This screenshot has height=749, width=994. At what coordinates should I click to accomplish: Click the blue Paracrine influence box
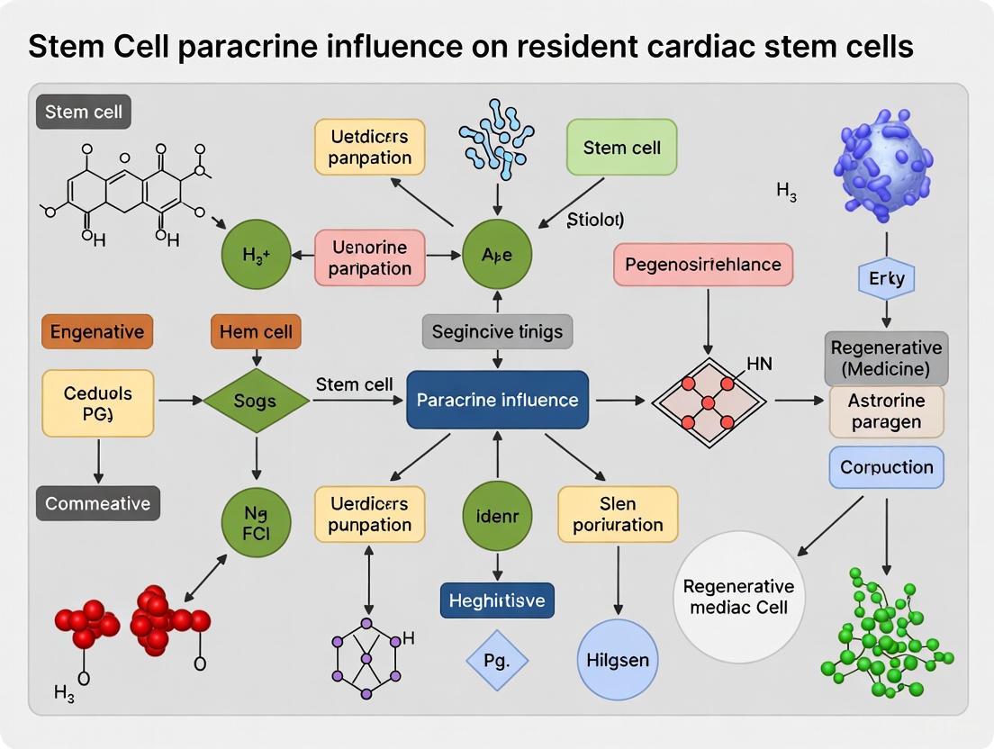pyautogui.click(x=497, y=399)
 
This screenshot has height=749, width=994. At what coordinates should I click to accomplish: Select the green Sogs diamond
pyautogui.click(x=256, y=400)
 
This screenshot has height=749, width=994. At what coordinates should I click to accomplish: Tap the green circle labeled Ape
pyautogui.click(x=497, y=255)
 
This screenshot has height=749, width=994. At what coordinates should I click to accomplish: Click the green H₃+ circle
pyautogui.click(x=257, y=255)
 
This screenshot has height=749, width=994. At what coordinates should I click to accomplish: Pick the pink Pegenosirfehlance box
pyautogui.click(x=703, y=266)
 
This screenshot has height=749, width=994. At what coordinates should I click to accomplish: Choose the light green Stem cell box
pyautogui.click(x=621, y=147)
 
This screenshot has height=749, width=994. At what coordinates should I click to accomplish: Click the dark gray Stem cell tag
pyautogui.click(x=84, y=113)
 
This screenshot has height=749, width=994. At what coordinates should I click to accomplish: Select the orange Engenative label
pyautogui.click(x=96, y=331)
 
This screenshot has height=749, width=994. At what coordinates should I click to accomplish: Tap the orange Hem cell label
pyautogui.click(x=256, y=331)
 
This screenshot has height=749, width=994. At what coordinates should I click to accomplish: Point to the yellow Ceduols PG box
pyautogui.click(x=97, y=403)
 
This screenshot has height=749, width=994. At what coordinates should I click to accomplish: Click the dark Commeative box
pyautogui.click(x=97, y=503)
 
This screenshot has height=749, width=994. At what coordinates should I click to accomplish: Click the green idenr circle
pyautogui.click(x=497, y=516)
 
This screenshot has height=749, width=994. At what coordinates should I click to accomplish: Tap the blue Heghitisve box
pyautogui.click(x=497, y=600)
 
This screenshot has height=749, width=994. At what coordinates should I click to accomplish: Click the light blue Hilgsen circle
pyautogui.click(x=617, y=660)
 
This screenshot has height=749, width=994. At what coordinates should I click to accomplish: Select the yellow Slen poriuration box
pyautogui.click(x=618, y=514)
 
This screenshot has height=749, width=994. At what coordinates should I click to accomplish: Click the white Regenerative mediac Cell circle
pyautogui.click(x=740, y=597)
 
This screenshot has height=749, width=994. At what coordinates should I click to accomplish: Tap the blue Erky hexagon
pyautogui.click(x=886, y=279)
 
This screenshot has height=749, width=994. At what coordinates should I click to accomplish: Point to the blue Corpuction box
pyautogui.click(x=886, y=467)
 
